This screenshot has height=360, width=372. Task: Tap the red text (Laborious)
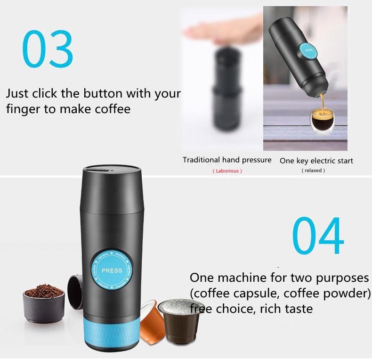click(x=227, y=171)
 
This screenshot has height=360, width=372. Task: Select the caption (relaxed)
click(x=313, y=170)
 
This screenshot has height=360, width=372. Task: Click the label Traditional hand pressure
click(x=227, y=160)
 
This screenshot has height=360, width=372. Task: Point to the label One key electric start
click(x=316, y=161)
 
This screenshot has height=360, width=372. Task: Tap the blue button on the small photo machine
click(x=308, y=50)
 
